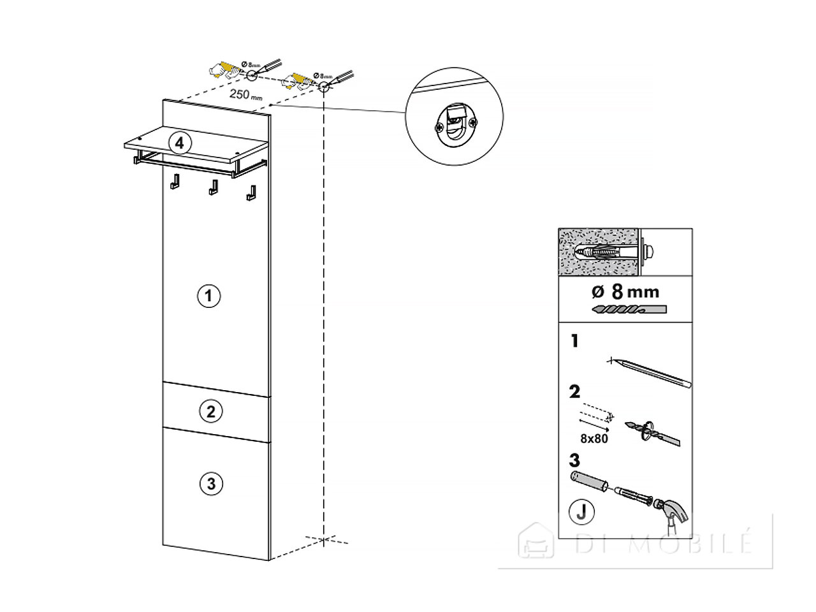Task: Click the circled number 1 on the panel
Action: (208, 296)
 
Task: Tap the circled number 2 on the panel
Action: (211, 411)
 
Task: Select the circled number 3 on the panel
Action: (211, 483)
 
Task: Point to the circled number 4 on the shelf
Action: (180, 143)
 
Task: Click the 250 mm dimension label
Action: (245, 95)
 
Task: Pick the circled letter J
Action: (581, 512)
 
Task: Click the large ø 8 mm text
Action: (625, 292)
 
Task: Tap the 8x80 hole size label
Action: (594, 439)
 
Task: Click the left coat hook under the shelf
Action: (175, 181)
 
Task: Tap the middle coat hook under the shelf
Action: (213, 187)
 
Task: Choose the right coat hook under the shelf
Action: (251, 193)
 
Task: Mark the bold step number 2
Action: (574, 391)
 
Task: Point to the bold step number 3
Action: (574, 460)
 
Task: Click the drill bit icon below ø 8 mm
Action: (629, 310)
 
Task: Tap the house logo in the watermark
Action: (535, 541)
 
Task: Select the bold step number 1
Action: (575, 340)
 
